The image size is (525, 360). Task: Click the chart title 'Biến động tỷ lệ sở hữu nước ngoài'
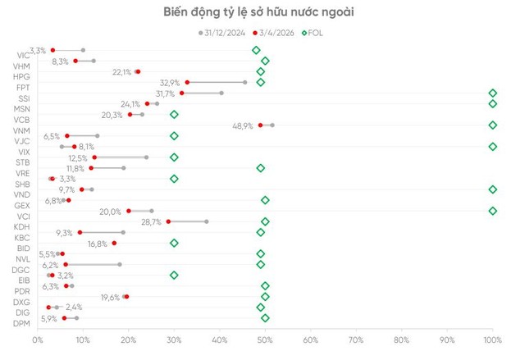click(x=262, y=11)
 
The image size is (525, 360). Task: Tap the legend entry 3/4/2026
click(x=277, y=32)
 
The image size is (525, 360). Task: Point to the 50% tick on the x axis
click(x=265, y=338)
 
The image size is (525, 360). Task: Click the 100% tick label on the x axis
click(x=492, y=338)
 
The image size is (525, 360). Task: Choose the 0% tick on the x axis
click(x=37, y=338)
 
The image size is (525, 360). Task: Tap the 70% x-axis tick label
click(x=356, y=338)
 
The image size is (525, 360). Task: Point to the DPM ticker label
click(x=21, y=323)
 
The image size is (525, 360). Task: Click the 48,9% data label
click(x=244, y=125)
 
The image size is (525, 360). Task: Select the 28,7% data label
click(x=152, y=221)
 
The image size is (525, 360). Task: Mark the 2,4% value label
click(x=75, y=307)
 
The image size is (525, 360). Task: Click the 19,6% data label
click(x=110, y=297)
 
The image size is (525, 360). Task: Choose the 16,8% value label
click(x=98, y=244)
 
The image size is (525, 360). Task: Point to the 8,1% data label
click(x=87, y=147)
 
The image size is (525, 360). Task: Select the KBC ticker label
click(x=21, y=238)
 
